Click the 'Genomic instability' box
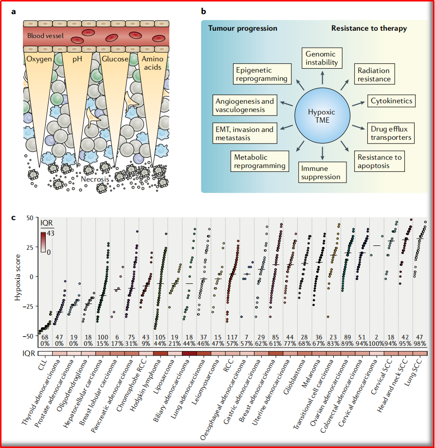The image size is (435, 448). (x=320, y=58)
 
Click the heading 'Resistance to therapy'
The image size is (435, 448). (x=369, y=28)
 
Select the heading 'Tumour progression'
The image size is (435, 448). (x=243, y=28)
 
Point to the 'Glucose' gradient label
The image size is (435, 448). (x=115, y=59)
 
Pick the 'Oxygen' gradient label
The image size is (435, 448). (x=41, y=59)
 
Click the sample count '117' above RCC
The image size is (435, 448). (x=233, y=338)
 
